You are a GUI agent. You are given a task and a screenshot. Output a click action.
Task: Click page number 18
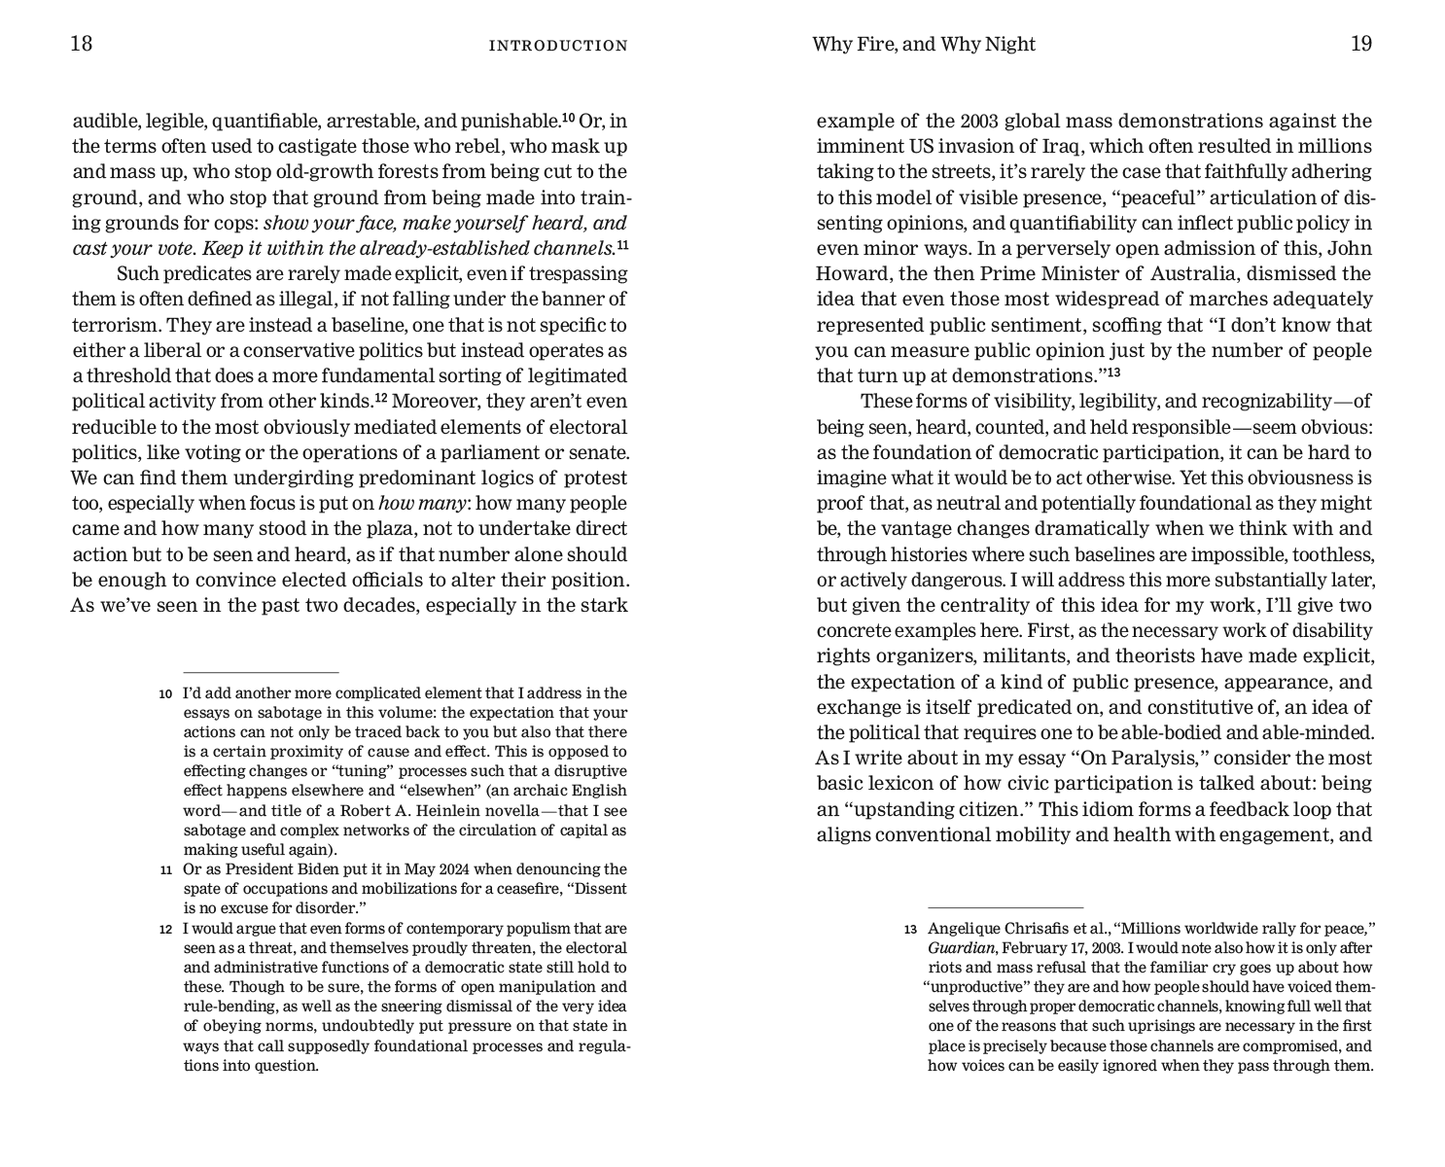[x=82, y=44]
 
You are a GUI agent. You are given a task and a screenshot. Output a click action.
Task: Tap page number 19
[x=1361, y=44]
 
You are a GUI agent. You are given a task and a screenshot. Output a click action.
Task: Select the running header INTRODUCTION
[x=558, y=46]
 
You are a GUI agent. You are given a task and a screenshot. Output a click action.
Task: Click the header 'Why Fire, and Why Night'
[x=923, y=45]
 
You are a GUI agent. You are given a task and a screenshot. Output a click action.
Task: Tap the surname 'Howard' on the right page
[x=851, y=274]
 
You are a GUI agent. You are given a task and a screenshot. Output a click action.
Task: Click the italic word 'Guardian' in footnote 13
[x=961, y=948]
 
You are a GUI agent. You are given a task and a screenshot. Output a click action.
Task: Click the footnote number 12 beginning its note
[x=166, y=930]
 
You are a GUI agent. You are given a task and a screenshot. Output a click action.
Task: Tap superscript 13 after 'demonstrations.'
[x=1114, y=373]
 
